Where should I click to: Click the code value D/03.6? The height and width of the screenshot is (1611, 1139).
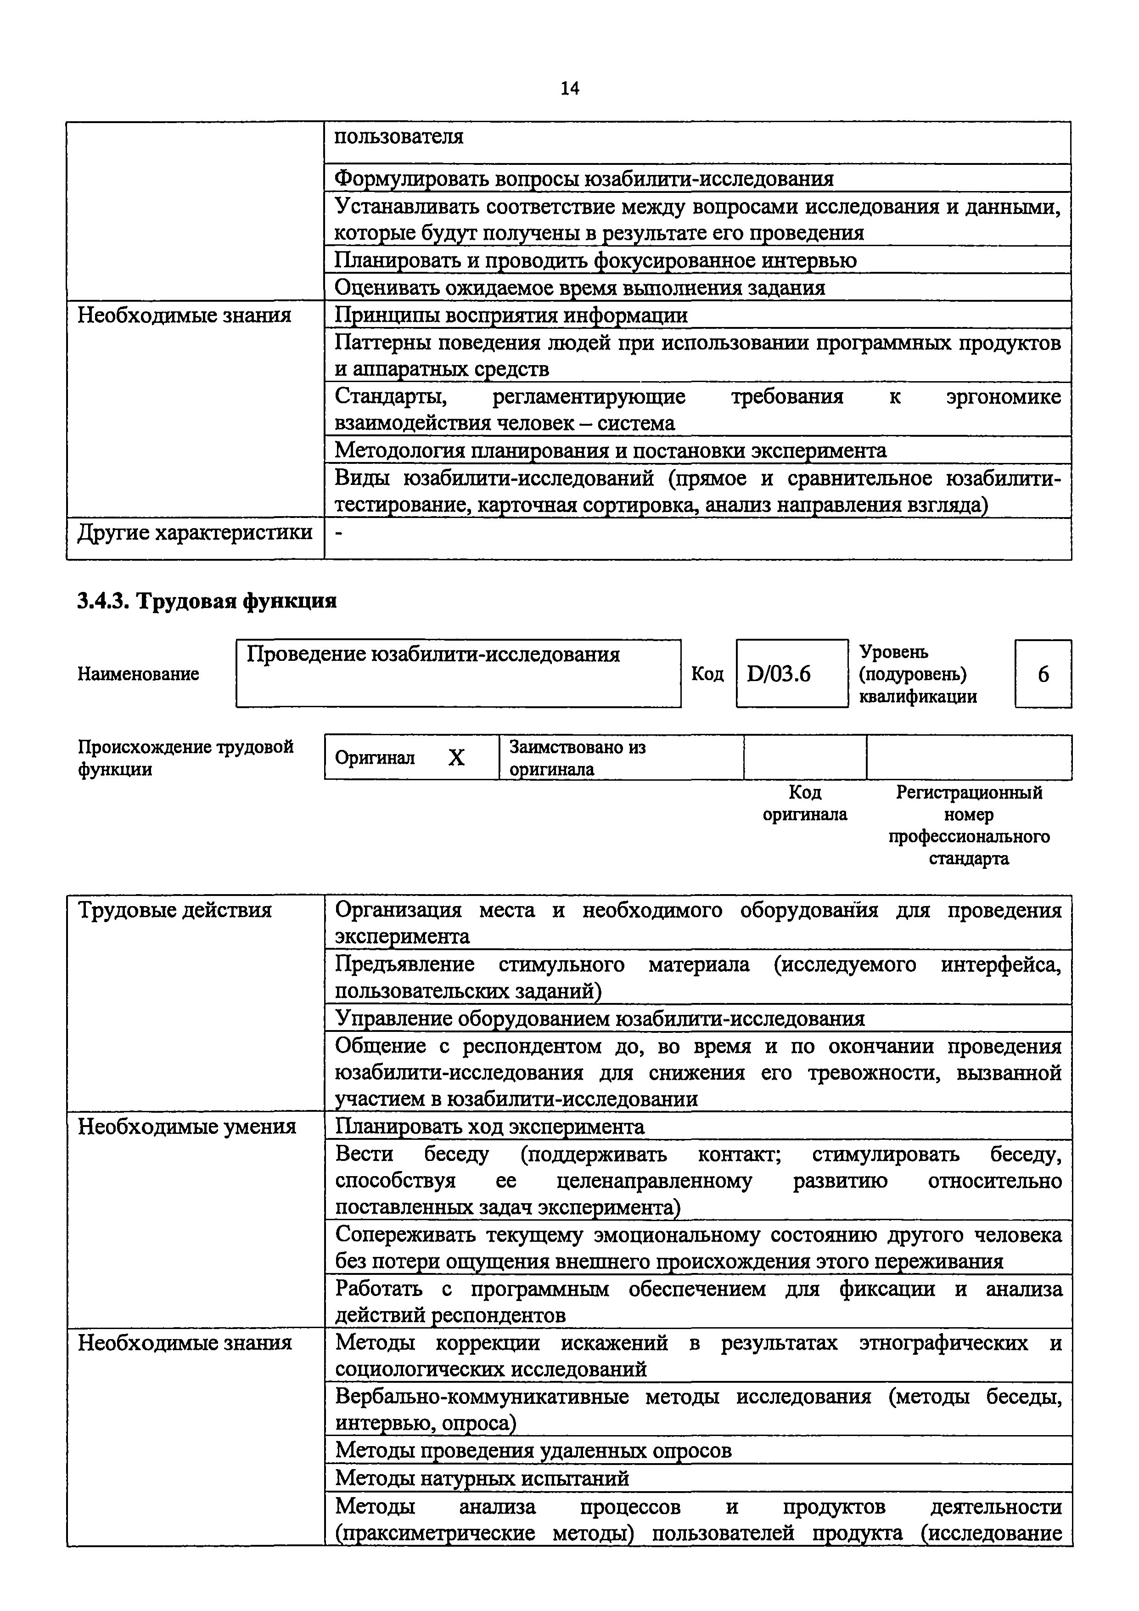coord(779,674)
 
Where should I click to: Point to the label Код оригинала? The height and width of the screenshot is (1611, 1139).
coord(804,803)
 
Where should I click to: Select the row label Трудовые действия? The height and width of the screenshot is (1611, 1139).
coord(174,911)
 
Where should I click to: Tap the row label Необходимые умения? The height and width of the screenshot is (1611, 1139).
coord(186,1127)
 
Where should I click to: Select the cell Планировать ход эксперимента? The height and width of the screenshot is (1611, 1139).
coord(489,1127)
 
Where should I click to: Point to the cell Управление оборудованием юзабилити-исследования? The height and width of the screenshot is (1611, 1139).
coord(599,1018)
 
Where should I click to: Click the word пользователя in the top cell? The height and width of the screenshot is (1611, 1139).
coord(398,136)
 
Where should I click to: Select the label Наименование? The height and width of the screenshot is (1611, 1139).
coord(138,674)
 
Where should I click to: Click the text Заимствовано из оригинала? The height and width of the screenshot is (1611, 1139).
coord(577,758)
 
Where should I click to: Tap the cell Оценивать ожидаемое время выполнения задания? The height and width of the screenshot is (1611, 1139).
coord(579,287)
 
